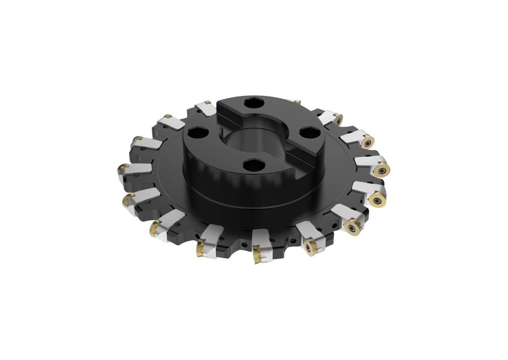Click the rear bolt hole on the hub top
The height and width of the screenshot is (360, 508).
[254, 104]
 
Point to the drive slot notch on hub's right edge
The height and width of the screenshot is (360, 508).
[304, 161]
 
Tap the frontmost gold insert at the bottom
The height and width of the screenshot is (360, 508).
[258, 256]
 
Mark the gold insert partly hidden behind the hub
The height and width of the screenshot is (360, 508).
[297, 102]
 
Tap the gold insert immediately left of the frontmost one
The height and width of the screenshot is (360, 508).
[201, 247]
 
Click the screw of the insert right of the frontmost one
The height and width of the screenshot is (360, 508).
[312, 246]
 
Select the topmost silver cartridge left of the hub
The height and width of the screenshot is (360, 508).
[205, 108]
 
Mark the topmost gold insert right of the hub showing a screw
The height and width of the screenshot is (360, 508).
[337, 120]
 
